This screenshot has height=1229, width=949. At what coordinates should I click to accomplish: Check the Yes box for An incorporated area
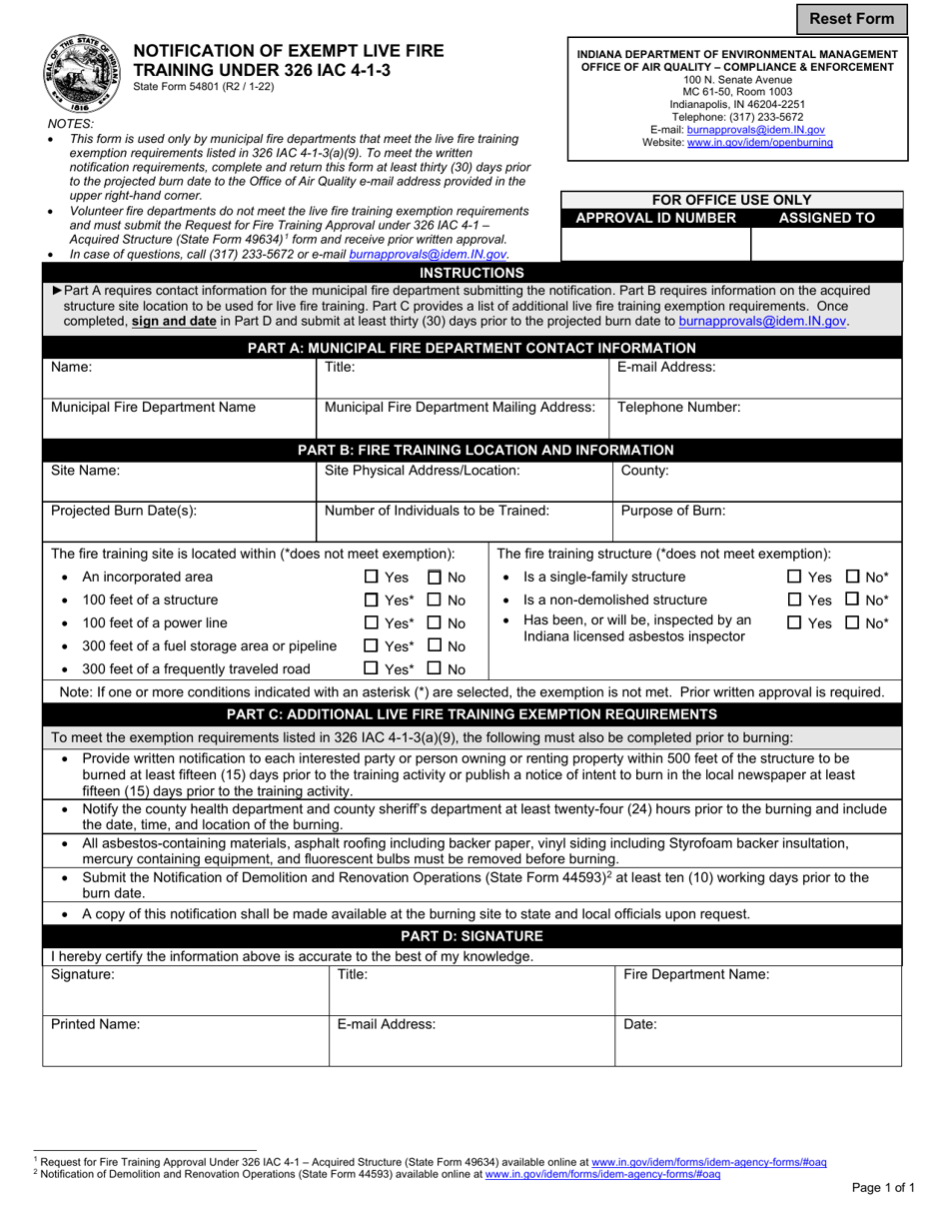tap(372, 577)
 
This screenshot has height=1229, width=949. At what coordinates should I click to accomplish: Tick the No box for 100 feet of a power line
tap(435, 623)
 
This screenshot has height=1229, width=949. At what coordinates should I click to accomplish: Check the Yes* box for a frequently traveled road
tap(372, 669)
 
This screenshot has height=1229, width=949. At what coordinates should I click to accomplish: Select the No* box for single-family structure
tap(853, 577)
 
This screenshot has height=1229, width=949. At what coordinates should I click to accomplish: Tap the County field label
tap(645, 470)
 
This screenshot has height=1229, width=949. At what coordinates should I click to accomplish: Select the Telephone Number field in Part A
tap(755, 418)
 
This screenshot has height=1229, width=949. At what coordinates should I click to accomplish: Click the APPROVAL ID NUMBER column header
tap(656, 218)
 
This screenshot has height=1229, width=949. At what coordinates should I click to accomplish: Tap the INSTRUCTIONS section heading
tap(472, 273)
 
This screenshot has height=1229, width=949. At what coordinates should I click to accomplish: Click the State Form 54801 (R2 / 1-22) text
tap(204, 87)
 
